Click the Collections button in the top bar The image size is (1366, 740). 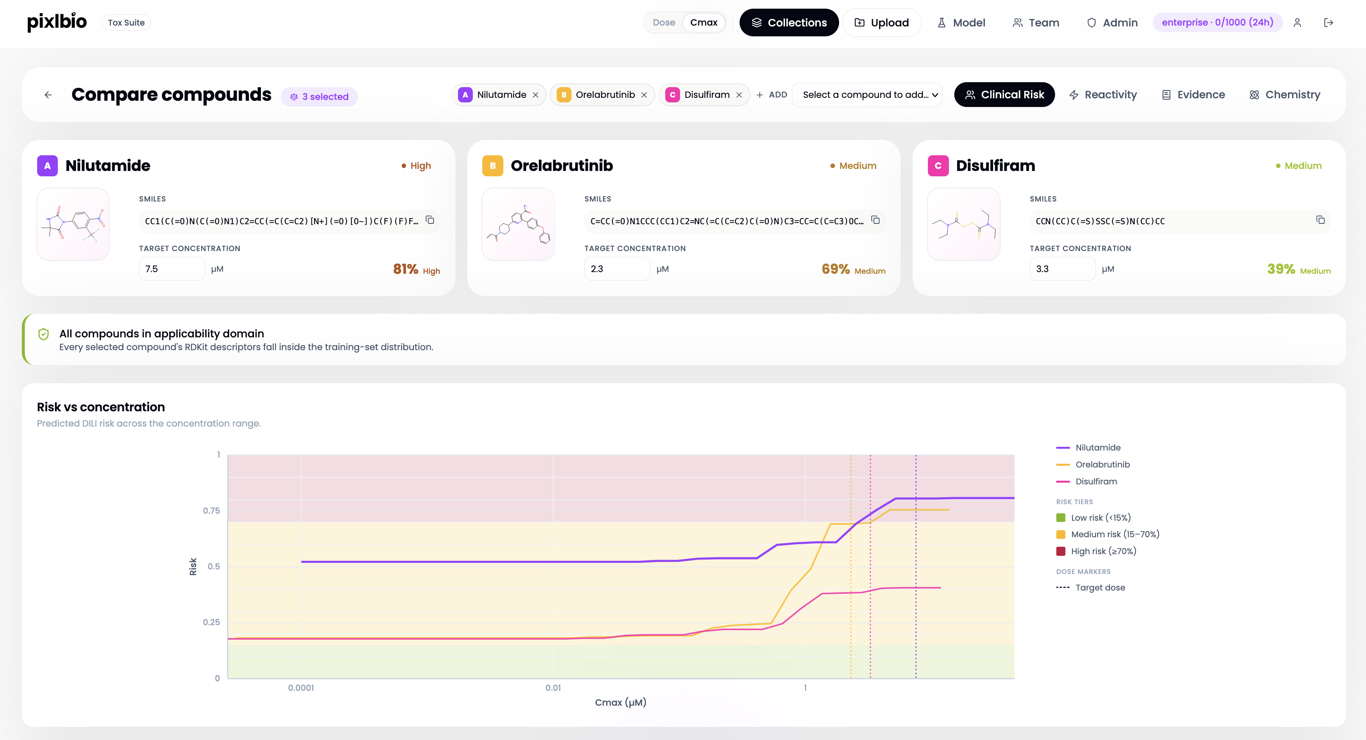(789, 22)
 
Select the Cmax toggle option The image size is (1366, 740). (704, 22)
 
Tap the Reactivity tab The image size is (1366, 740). (1103, 95)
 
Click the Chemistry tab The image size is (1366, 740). (1285, 95)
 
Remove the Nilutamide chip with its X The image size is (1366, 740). (536, 95)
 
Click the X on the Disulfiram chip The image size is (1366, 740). (739, 95)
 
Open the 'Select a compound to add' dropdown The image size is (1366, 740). (867, 95)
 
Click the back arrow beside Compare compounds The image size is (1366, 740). (48, 95)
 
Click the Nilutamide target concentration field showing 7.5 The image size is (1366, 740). (172, 269)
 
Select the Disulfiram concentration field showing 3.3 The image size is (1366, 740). (1062, 269)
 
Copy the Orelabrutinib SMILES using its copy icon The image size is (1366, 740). (875, 220)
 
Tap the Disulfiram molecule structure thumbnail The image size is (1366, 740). (963, 224)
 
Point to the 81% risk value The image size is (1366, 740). (406, 269)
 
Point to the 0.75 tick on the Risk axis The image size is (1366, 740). (211, 510)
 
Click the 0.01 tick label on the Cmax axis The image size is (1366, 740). (553, 688)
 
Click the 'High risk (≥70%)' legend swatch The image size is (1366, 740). (1060, 551)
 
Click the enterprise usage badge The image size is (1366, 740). (1217, 22)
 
